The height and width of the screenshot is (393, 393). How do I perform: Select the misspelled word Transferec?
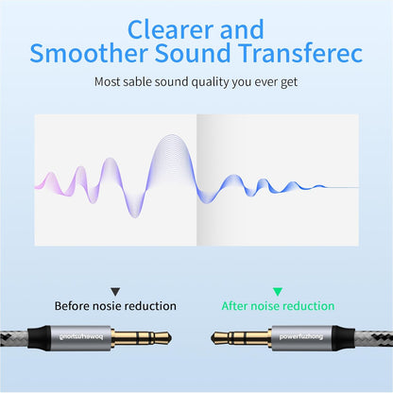pos(299,52)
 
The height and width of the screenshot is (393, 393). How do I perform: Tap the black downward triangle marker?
pos(115,292)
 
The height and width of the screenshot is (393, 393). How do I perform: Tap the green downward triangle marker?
pos(277,292)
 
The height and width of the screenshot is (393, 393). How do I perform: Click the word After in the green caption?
pos(237,306)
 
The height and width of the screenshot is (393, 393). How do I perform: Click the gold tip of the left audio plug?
pos(162,336)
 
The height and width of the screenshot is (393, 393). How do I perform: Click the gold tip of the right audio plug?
pos(218,336)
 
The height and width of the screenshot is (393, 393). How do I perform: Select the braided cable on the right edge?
pos(373,336)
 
